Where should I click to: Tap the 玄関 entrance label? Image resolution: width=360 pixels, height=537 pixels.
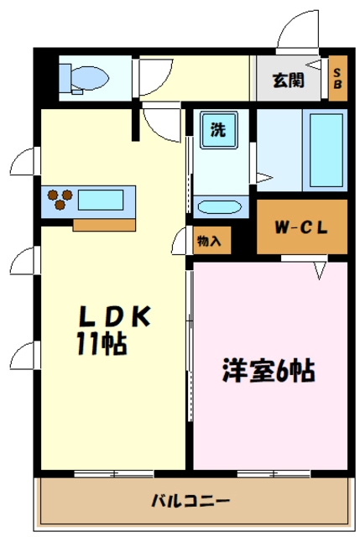click(286, 81)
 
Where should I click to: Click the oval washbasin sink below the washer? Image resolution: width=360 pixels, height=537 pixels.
click(221, 206)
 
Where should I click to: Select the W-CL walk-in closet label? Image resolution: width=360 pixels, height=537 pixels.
click(301, 227)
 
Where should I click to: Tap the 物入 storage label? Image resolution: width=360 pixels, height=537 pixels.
click(209, 241)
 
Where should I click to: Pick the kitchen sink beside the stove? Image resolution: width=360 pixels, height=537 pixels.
click(101, 201)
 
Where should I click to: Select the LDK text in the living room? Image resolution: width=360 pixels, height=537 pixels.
click(115, 316)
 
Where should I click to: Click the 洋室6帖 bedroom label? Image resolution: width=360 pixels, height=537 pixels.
click(269, 369)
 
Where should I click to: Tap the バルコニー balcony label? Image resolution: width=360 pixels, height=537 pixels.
click(190, 502)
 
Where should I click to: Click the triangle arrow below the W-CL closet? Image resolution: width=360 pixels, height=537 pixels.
click(320, 269)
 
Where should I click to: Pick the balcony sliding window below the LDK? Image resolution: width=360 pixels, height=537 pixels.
click(113, 474)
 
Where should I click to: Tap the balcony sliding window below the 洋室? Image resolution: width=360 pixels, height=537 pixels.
click(273, 474)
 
